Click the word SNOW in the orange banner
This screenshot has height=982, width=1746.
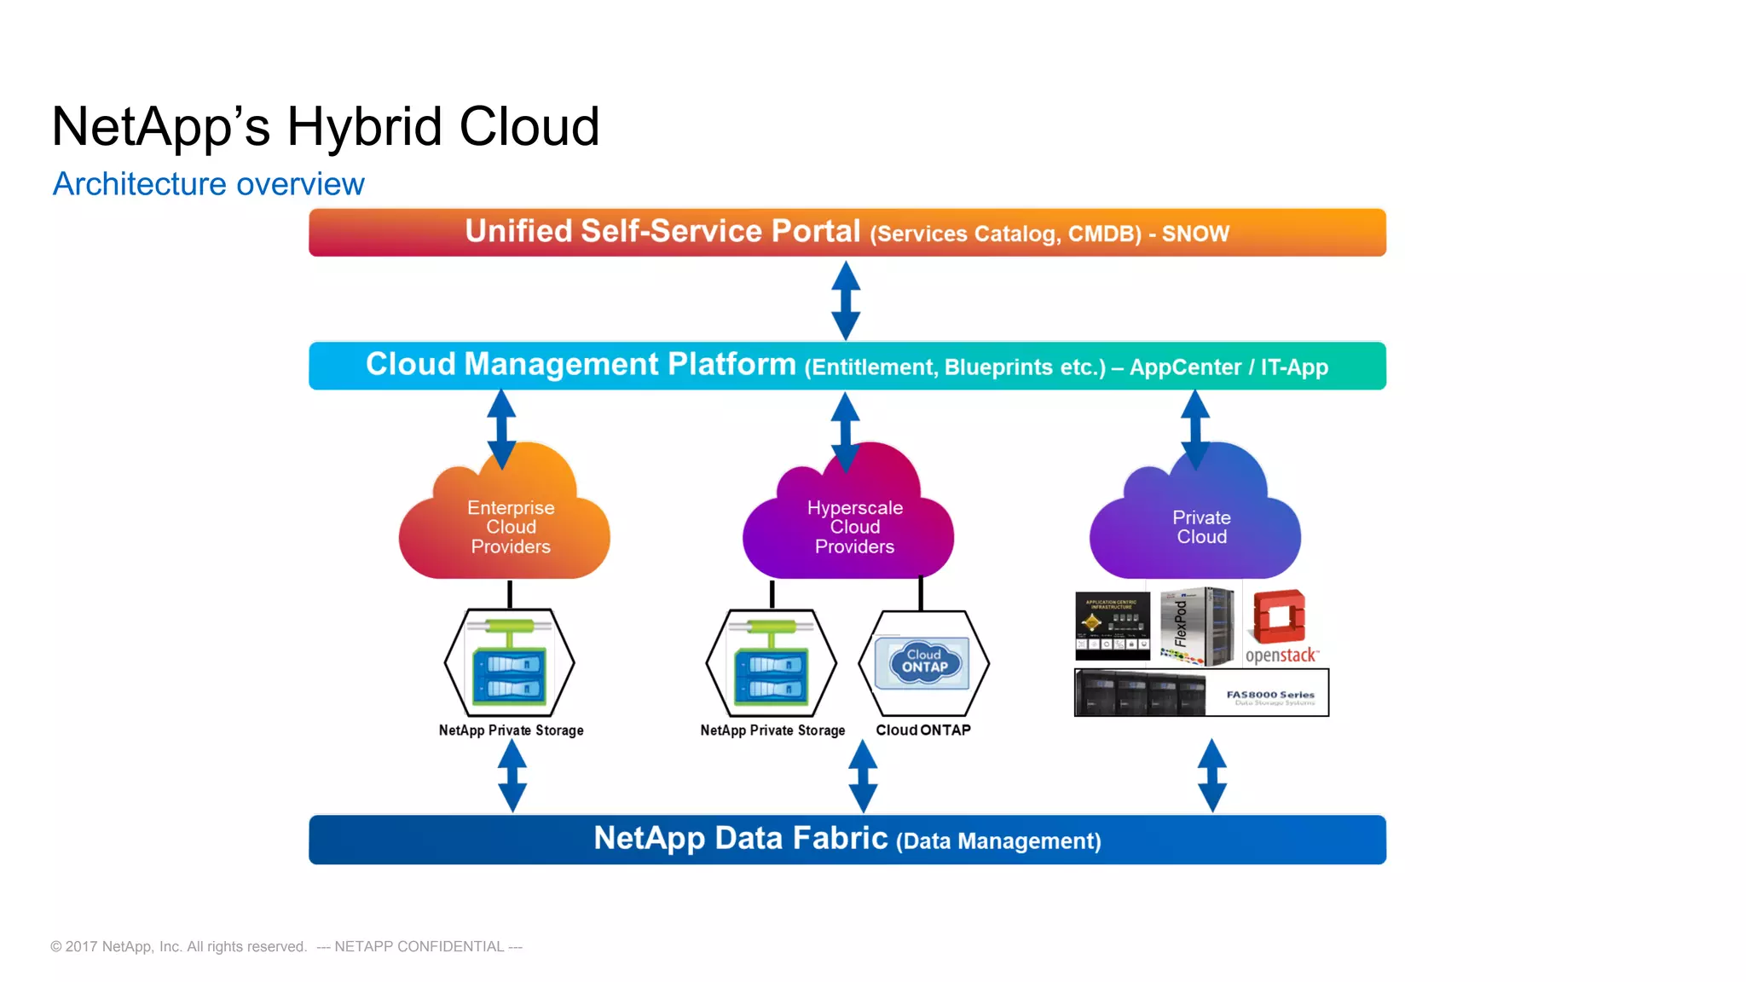[x=1195, y=234]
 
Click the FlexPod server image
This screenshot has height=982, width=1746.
[x=1197, y=626]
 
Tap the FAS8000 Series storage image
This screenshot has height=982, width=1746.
[x=1200, y=692]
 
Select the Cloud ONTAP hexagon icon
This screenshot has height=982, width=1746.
[x=923, y=662]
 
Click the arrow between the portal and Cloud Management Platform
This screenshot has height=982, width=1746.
[x=845, y=300]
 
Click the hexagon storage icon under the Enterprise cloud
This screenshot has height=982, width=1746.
[x=510, y=662]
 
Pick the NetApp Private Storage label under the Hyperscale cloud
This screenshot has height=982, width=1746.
[x=772, y=731]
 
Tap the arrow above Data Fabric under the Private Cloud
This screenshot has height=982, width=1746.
[x=1211, y=775]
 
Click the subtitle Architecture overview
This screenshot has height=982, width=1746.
[x=209, y=184]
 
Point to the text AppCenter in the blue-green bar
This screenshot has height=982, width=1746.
[x=1184, y=367]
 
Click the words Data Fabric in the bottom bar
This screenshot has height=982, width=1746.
[x=801, y=839]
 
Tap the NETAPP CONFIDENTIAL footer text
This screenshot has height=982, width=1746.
[x=419, y=947]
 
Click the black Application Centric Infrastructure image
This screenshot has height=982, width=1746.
[x=1112, y=626]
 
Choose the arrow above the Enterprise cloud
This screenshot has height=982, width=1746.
[x=501, y=429]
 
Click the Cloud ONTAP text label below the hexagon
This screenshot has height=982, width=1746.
[x=923, y=731]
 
